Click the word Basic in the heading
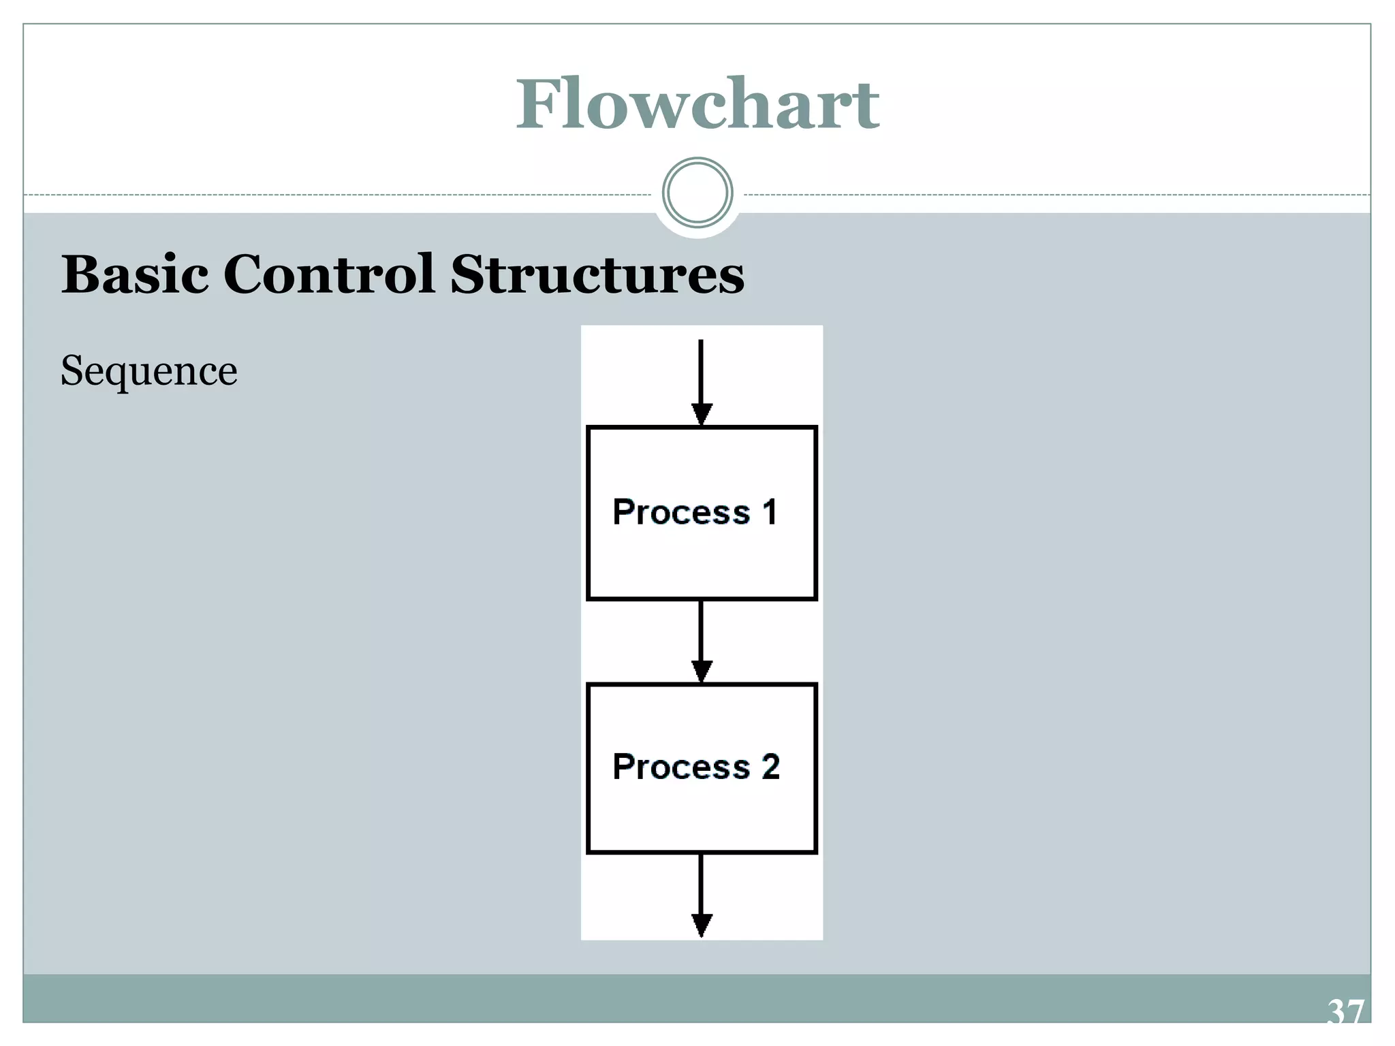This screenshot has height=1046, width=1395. pos(135,274)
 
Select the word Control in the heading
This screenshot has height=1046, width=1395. pos(329,274)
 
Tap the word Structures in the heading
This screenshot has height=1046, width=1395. pos(597,274)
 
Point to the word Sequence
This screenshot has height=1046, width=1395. pos(149,371)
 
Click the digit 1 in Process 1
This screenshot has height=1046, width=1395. pos(770,512)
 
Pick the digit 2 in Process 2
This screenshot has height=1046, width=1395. pos(770,767)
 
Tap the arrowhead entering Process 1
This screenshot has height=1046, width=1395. pos(702,413)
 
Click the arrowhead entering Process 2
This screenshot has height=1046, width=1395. pos(702,671)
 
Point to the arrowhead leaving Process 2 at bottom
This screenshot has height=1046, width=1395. pos(702,925)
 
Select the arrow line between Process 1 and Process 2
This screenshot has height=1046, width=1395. pos(701,630)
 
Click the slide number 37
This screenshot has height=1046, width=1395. pos(1346,1012)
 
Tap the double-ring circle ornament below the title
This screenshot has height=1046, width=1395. pos(697,193)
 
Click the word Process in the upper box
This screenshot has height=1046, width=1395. pos(681,512)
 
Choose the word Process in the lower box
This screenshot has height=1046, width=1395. pos(681,767)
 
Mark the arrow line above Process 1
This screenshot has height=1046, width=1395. pos(701,371)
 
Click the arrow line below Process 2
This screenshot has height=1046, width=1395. pos(701,882)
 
